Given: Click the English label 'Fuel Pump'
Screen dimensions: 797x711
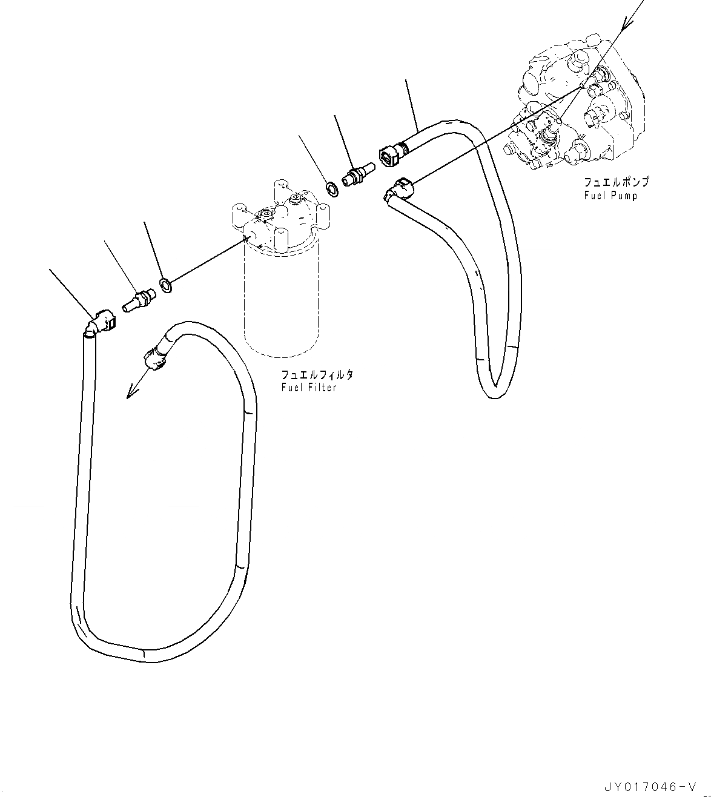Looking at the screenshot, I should coord(610,196).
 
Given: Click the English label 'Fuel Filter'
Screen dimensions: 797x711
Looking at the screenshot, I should coord(308,387).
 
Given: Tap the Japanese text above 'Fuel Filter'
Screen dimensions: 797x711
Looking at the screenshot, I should coord(317,375).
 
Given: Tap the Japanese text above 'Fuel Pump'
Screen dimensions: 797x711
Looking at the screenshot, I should coord(617,182).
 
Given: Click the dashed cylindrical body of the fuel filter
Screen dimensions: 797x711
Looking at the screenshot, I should coord(279,303).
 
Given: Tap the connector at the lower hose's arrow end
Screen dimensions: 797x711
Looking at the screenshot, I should coord(154,354).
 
